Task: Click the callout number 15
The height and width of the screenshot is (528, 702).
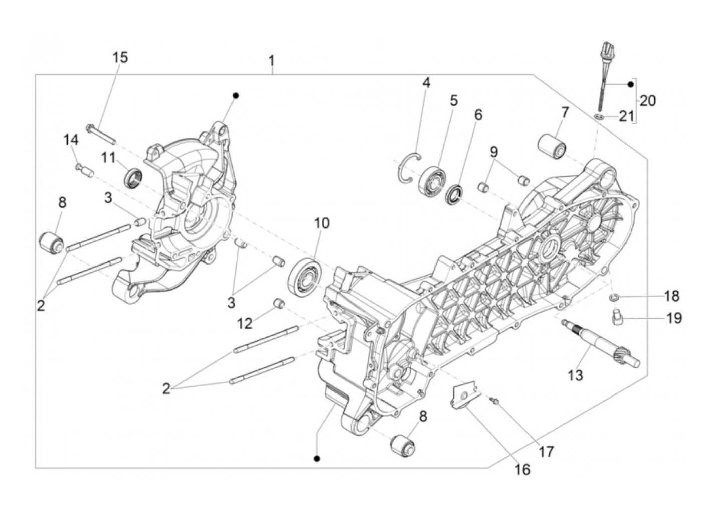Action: (120, 57)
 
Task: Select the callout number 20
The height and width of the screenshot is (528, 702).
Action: (647, 101)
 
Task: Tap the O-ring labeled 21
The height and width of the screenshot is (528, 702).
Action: (598, 117)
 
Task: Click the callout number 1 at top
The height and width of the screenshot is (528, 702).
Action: (271, 62)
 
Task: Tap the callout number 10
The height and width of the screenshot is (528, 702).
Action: (322, 223)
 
